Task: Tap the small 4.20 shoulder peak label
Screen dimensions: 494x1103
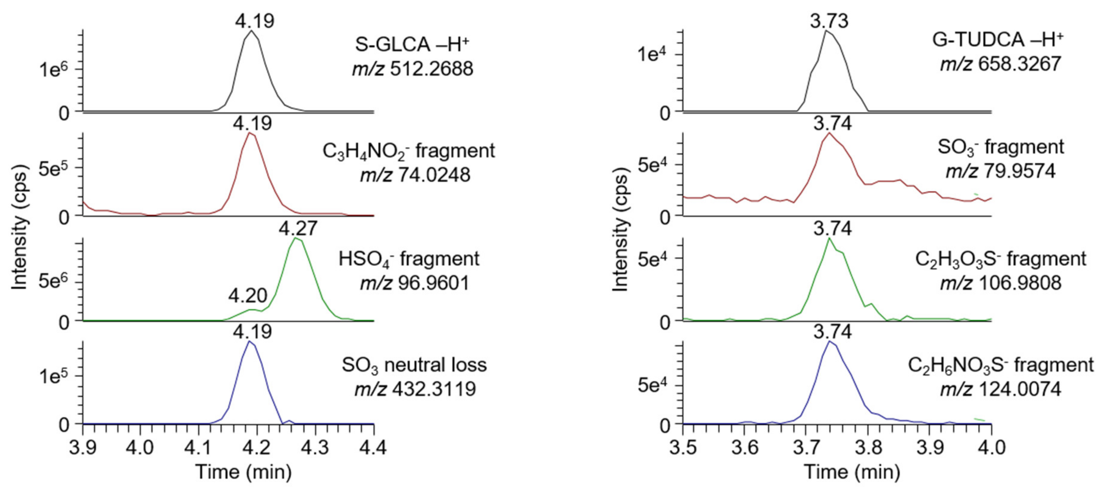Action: tap(247, 296)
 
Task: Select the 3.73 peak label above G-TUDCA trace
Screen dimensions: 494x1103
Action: tap(829, 21)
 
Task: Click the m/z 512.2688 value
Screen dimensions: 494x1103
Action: tap(413, 69)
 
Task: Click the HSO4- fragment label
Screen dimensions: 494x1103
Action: tap(409, 259)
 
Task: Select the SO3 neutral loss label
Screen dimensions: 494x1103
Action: tap(414, 365)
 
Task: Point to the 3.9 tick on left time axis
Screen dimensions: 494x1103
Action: tap(83, 448)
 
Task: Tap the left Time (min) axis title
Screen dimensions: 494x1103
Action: tap(244, 472)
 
